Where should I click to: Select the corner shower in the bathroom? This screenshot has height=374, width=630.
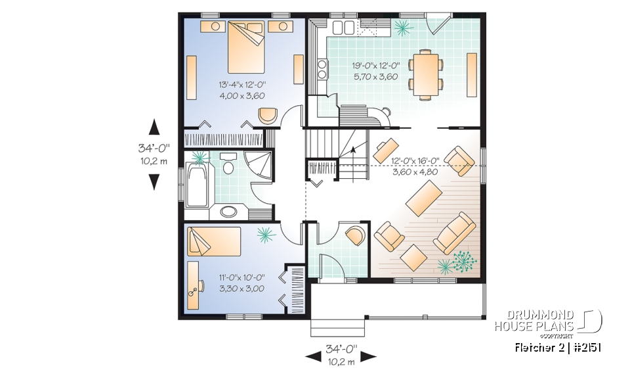[x=257, y=162]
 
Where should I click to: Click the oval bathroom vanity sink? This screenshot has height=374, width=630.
[x=228, y=212]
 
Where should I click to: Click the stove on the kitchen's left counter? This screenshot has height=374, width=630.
[x=322, y=68]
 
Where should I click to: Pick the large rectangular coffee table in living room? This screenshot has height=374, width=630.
[x=424, y=198]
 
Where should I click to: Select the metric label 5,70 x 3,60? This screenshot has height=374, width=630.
[x=376, y=76]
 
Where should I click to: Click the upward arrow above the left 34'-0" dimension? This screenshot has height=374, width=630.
[x=154, y=127]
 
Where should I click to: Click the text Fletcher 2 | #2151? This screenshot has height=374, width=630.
[x=558, y=346]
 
